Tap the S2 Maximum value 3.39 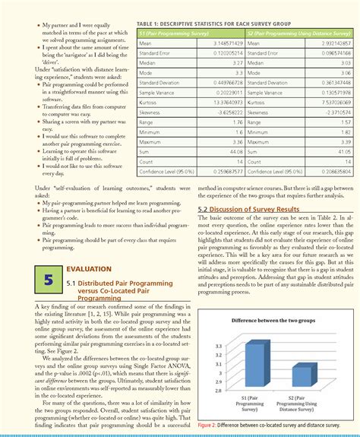[x=346, y=141]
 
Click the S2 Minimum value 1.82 [x=346, y=131]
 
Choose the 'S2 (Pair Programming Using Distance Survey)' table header [x=296, y=34]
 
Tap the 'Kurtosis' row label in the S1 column [x=149, y=101]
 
